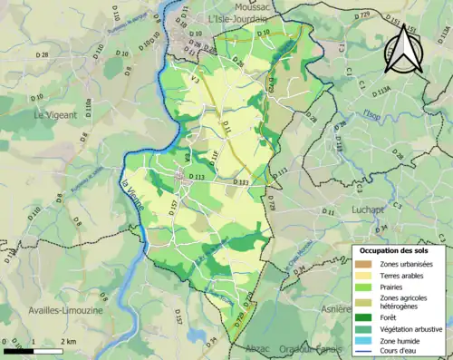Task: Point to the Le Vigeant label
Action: (x=56, y=115)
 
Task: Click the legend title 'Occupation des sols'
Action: (x=395, y=250)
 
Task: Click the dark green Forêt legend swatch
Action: (x=366, y=316)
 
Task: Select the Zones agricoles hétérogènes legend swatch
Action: (x=366, y=302)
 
